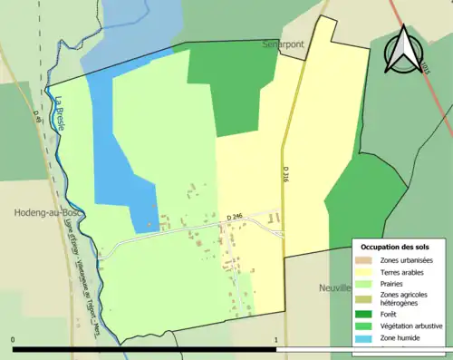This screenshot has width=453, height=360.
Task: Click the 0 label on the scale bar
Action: click(x=14, y=340)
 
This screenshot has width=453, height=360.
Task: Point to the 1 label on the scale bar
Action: click(x=275, y=340)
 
